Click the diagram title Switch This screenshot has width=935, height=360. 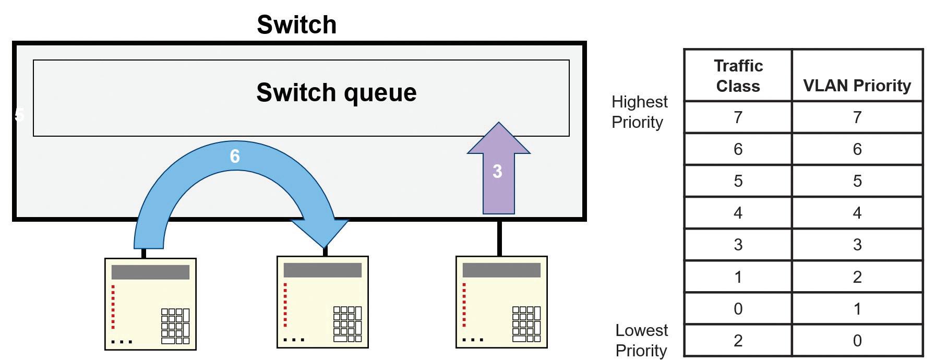coord(296,25)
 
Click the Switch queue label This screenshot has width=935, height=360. coord(337,92)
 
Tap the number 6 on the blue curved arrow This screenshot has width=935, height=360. coord(235,156)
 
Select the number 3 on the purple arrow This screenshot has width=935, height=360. coord(497,171)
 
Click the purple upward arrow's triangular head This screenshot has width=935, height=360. coord(499,138)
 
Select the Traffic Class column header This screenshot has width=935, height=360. coord(738,76)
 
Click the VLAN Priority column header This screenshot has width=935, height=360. coord(857,85)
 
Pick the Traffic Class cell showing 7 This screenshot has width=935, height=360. coord(738,117)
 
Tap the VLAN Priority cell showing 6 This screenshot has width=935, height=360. coord(857,149)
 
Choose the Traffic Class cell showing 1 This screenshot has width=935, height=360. coord(738,277)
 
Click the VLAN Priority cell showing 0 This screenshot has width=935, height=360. coord(857,341)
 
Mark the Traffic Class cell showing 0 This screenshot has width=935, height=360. coord(738,309)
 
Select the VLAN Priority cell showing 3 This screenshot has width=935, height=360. coord(857,245)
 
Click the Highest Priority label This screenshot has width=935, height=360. coord(640,112)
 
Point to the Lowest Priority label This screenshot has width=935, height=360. coord(641,340)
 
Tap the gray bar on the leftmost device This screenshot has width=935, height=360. coord(150,272)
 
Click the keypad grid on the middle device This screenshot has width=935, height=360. coord(347,324)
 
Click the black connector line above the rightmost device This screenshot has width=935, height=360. coord(499,238)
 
